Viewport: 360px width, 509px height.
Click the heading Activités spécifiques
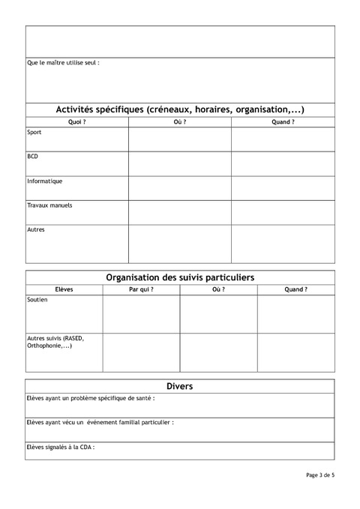(x=180, y=109)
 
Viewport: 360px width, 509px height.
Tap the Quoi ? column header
(x=76, y=121)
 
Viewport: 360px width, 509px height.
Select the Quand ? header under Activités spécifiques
(x=283, y=121)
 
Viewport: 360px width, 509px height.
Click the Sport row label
(x=34, y=133)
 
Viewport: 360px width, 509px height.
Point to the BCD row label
(x=33, y=157)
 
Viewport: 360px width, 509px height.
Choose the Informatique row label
(x=45, y=181)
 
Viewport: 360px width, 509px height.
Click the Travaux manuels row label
(x=49, y=205)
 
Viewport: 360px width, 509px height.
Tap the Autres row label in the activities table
(x=36, y=229)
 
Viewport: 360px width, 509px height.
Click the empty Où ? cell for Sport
(x=180, y=139)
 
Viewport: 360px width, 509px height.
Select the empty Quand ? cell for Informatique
(x=283, y=188)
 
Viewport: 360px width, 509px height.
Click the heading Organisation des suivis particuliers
(x=180, y=277)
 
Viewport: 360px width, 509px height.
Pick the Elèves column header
(x=64, y=289)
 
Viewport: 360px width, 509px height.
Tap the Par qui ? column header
(x=141, y=289)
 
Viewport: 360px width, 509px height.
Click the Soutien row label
(x=37, y=300)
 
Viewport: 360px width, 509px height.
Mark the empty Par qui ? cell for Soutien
(x=141, y=314)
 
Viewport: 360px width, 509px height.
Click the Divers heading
(x=180, y=386)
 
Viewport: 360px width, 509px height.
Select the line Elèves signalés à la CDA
(x=61, y=448)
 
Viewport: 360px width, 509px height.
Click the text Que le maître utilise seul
(x=63, y=63)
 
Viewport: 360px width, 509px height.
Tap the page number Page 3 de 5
(x=320, y=475)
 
